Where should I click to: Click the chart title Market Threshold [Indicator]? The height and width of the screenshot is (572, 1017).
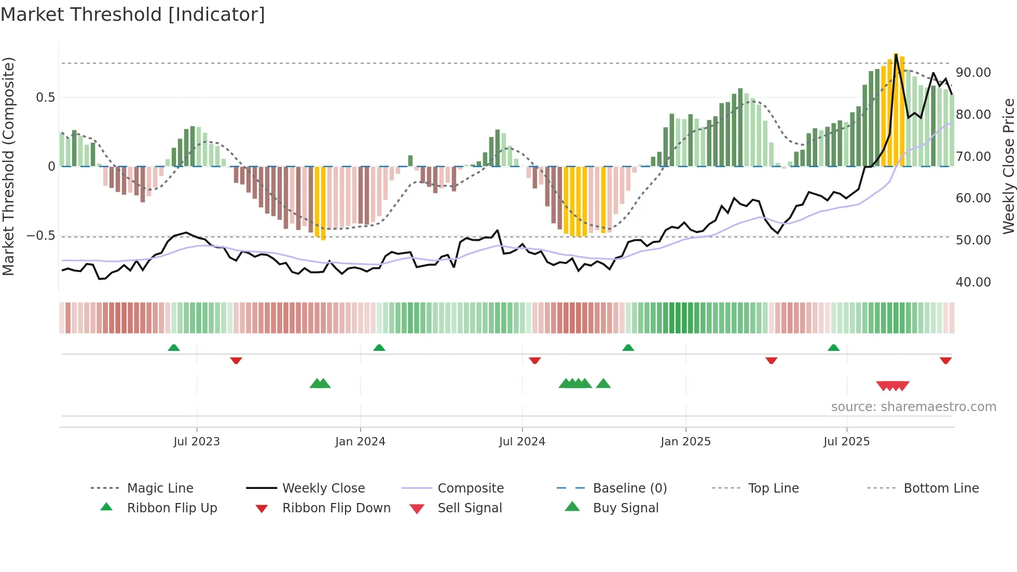point(133,15)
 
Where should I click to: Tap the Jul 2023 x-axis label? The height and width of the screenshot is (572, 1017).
point(197,442)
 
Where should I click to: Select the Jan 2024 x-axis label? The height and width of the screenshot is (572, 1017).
point(360,442)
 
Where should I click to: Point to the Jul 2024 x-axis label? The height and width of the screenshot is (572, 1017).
point(522,442)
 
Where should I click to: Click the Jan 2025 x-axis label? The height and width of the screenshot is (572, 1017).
point(685,442)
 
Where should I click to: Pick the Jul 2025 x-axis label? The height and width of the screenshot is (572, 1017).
point(846,442)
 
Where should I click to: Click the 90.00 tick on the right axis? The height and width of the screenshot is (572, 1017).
point(973,73)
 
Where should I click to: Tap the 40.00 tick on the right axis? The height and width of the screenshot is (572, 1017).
point(973,282)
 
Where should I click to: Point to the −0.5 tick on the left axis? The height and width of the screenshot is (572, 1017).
point(41,236)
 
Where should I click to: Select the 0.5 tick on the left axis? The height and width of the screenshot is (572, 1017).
point(45,98)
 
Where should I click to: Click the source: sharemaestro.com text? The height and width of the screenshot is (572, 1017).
point(913,407)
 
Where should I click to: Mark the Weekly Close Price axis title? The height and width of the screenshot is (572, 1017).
point(1008,166)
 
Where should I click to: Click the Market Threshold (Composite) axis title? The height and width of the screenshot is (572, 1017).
point(8,166)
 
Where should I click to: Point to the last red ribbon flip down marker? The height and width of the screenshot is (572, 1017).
point(945,360)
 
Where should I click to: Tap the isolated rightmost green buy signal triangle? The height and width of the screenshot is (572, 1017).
point(603,384)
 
